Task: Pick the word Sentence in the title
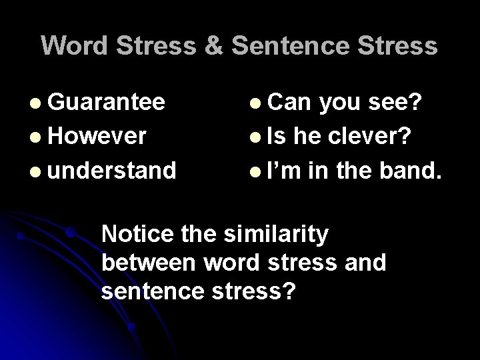point(295,45)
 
